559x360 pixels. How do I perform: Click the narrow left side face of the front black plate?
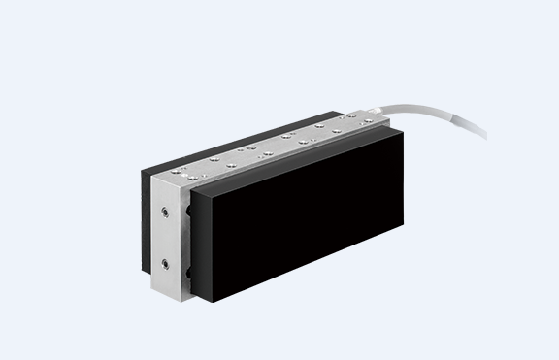pos(198,242)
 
